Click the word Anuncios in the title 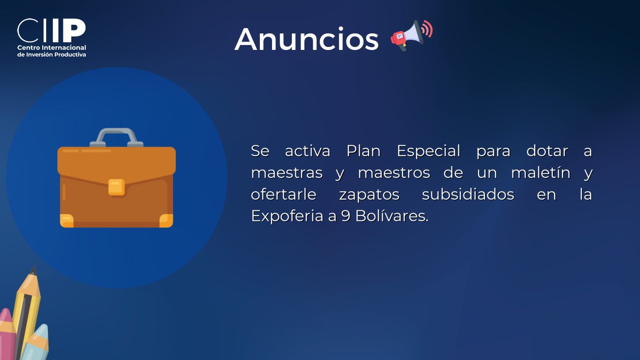(306, 39)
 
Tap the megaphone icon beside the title (412, 35)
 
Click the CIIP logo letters (51, 31)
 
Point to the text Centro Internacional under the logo (51, 47)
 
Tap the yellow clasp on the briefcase (116, 188)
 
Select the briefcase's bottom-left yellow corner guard (66, 220)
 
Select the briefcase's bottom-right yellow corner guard (166, 220)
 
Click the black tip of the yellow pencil (33, 270)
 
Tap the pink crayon (7, 334)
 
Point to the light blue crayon (36, 343)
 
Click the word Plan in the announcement (364, 151)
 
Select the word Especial (428, 151)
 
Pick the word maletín (541, 172)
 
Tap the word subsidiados (468, 194)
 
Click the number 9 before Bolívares (346, 216)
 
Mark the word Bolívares (392, 216)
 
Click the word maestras (287, 173)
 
